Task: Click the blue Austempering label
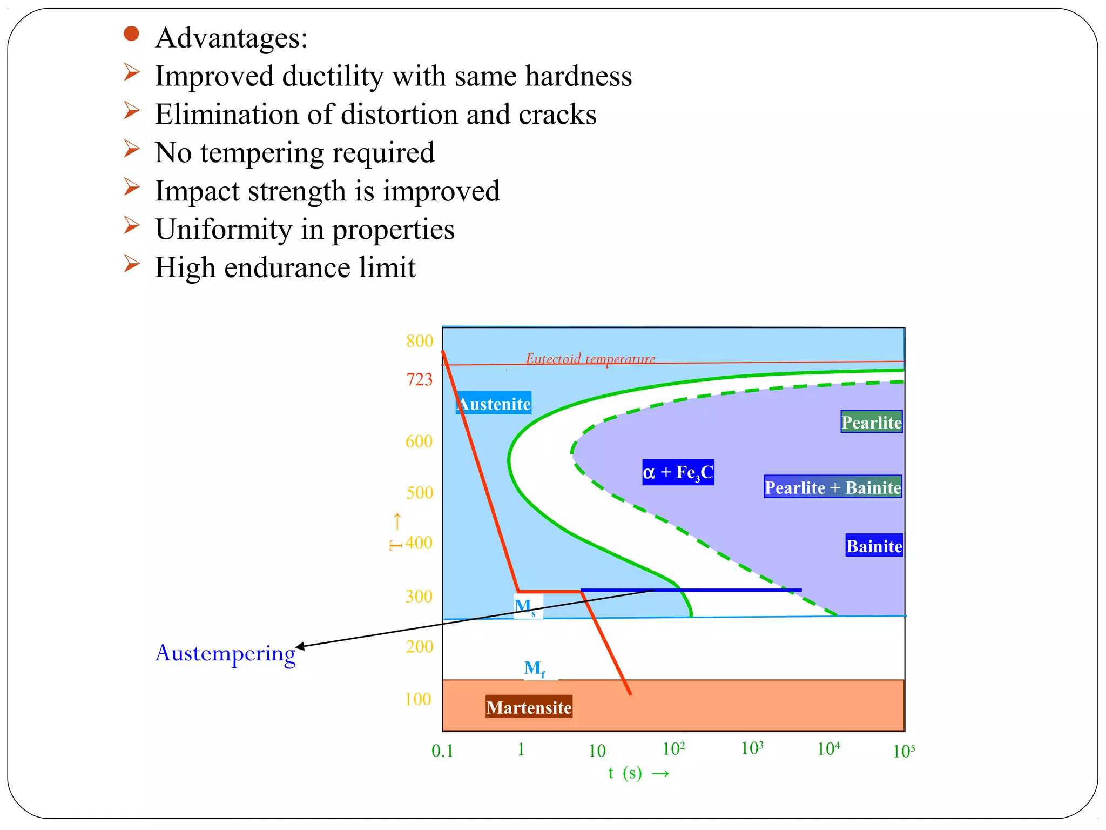click(x=225, y=653)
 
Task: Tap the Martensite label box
click(x=529, y=707)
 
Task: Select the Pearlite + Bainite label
click(x=833, y=487)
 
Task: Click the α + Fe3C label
click(x=678, y=472)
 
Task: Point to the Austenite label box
click(x=494, y=404)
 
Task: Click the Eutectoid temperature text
click(x=590, y=358)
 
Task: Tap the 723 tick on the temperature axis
click(x=420, y=379)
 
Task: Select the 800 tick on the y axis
click(x=420, y=341)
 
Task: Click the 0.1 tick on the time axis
click(x=442, y=751)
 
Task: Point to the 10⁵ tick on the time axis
click(x=903, y=751)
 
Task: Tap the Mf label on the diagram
click(x=535, y=669)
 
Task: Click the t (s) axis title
click(x=625, y=773)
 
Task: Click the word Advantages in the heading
click(x=231, y=38)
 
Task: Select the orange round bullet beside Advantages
click(x=131, y=34)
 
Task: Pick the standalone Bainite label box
click(x=874, y=546)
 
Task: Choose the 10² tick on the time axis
click(x=673, y=749)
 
